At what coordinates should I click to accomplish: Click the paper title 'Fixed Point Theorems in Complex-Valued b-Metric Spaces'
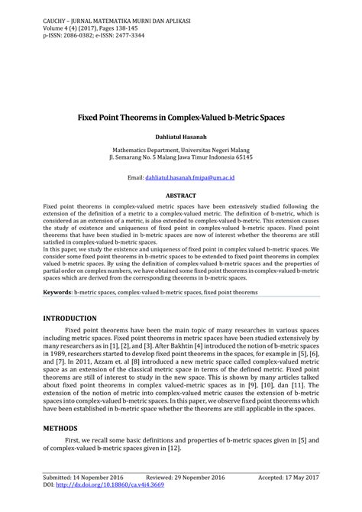181,120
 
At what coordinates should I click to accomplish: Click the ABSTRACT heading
181,196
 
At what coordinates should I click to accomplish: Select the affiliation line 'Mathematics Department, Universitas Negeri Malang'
181,151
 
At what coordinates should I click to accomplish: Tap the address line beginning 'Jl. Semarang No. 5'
181,158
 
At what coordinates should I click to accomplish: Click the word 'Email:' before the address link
135,177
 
